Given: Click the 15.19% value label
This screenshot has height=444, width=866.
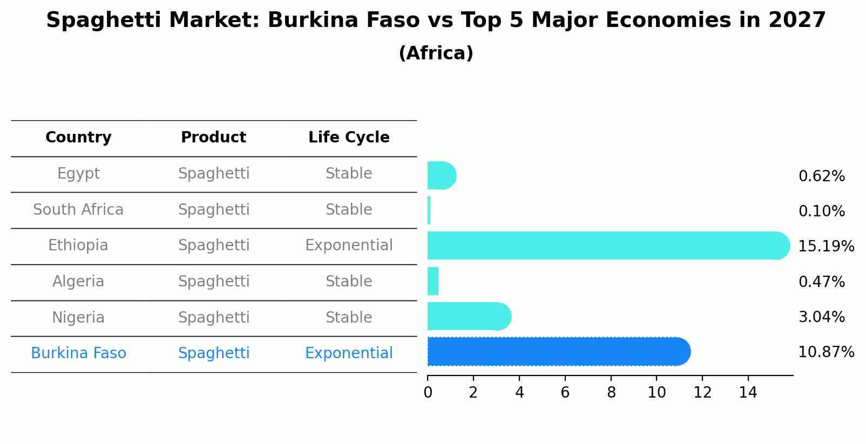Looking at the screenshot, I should [826, 247].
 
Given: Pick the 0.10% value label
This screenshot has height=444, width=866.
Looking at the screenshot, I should [821, 211].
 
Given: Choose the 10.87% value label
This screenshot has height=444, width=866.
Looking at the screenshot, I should [826, 352].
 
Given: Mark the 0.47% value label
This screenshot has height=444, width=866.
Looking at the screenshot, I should [821, 282].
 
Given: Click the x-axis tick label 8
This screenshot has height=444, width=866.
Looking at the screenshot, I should [611, 393].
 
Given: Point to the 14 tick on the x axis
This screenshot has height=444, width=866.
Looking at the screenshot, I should [748, 393].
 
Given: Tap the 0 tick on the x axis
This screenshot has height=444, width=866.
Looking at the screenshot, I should [428, 393].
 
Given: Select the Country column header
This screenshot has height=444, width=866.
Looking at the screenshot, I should [78, 138].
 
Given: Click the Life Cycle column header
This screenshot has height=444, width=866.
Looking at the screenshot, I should [349, 138].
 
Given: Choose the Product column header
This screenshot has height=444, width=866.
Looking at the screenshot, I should [213, 138].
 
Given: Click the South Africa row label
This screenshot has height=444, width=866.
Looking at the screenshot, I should [78, 210].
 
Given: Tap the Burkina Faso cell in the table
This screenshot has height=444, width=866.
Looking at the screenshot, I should [78, 353].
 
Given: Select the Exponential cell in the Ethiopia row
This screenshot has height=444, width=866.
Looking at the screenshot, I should [349, 245].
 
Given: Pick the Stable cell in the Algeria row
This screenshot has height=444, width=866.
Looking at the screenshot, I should [349, 282].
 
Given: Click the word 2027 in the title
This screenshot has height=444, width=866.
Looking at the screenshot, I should [797, 21].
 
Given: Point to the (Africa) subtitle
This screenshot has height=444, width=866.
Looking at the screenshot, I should [436, 53].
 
